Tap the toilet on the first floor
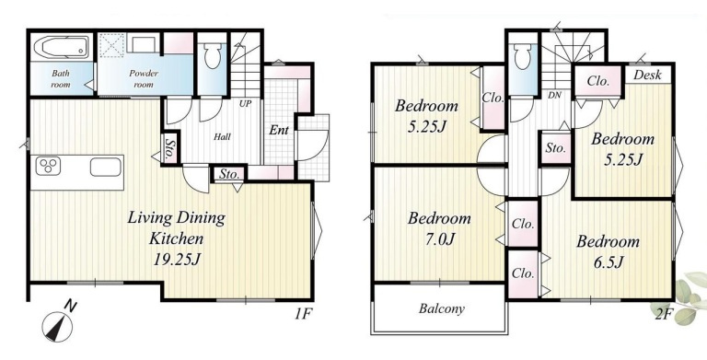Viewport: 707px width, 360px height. tap(212, 55)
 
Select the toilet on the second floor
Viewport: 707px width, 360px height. tap(522, 56)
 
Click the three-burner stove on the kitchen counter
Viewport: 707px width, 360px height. tap(48, 166)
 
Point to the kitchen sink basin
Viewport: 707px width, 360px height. tap(106, 167)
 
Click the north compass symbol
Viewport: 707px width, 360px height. tap(57, 326)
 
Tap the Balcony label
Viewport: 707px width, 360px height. tap(442, 309)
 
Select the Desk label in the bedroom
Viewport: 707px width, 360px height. tap(647, 75)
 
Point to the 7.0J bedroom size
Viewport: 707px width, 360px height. tap(436, 239)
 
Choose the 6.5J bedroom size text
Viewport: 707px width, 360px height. tap(608, 262)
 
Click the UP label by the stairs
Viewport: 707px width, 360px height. tap(246, 103)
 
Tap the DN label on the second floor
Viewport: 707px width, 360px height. tap(554, 96)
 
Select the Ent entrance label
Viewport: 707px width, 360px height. tap(279, 131)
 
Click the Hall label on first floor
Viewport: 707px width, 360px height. tap(222, 136)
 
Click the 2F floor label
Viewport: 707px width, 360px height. tap(664, 314)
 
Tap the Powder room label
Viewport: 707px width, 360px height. tap(144, 78)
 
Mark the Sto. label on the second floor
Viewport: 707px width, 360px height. tap(555, 148)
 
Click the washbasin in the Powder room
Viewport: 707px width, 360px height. tap(143, 44)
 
